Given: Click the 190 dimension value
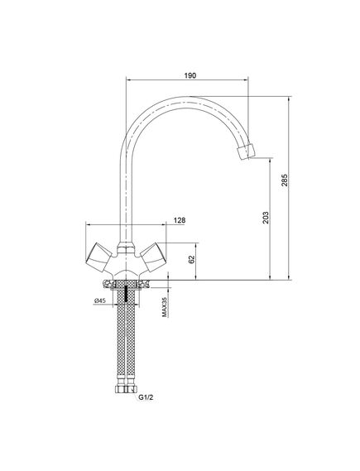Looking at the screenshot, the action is (190, 75).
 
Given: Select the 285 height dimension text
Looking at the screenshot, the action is (285, 180).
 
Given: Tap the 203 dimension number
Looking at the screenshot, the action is (266, 218).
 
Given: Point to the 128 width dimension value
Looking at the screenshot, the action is (180, 220).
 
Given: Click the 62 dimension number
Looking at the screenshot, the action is (192, 259).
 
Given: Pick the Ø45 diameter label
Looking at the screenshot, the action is (99, 300).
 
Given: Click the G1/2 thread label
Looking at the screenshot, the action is (146, 397).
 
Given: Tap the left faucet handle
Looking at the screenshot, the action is (98, 257).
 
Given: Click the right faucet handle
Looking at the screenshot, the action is (153, 257).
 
